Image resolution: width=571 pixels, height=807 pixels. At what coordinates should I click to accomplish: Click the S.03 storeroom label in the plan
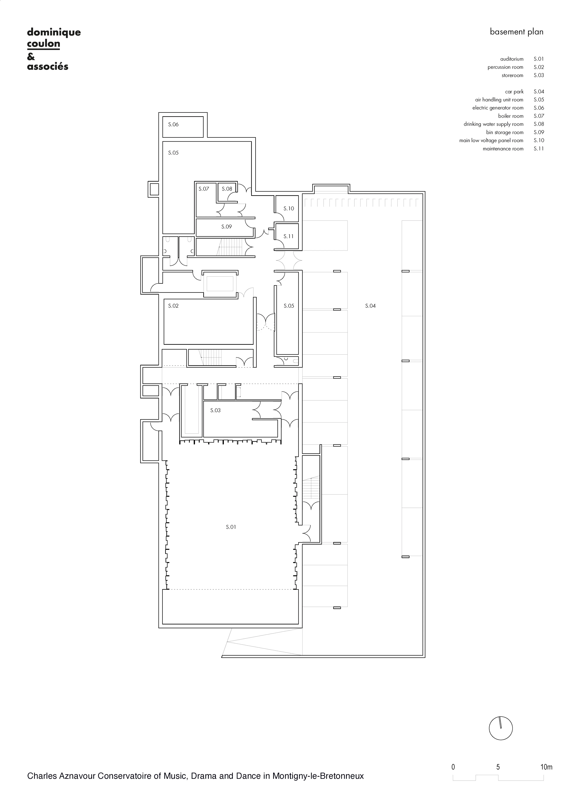215,410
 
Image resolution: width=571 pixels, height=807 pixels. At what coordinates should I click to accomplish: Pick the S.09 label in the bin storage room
227,227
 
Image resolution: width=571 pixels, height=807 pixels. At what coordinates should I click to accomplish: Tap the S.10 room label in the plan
289,208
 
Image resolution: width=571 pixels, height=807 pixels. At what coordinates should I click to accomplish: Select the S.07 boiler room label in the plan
204,189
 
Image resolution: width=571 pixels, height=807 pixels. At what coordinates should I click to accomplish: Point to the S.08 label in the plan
227,189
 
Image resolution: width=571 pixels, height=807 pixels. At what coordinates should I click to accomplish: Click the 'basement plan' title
516,32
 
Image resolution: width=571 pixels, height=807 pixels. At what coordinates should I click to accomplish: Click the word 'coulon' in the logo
44,44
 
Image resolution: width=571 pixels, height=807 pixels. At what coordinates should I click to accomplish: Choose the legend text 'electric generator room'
498,108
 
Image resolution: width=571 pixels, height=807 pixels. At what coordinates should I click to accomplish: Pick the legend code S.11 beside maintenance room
539,149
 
